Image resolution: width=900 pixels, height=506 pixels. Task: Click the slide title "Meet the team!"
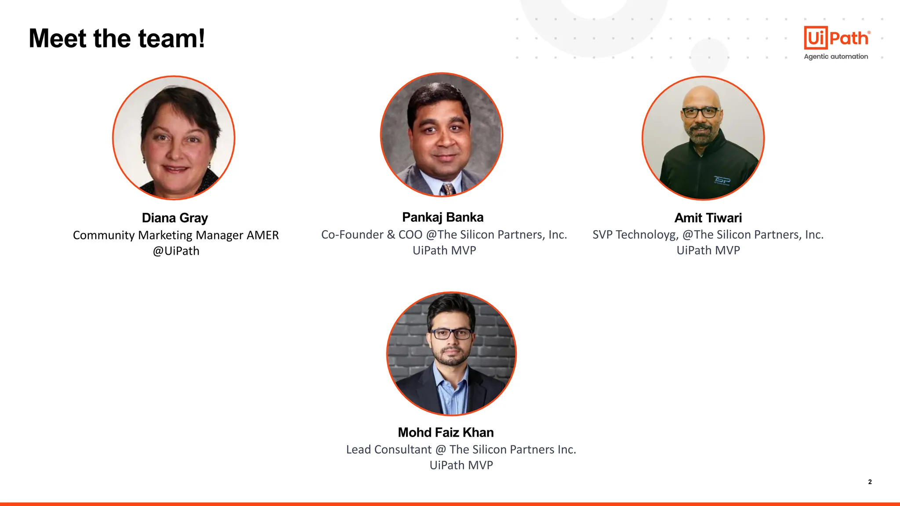coord(116,38)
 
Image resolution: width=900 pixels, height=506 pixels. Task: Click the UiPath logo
coord(836,38)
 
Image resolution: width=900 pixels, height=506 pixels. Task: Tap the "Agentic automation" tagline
coord(836,57)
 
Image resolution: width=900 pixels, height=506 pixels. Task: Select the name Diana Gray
coord(175,218)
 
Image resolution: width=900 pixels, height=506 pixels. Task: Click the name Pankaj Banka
coord(443,217)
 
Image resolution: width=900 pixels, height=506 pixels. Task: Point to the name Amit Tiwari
coord(708,218)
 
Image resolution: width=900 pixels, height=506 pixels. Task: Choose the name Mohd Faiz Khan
coord(446,433)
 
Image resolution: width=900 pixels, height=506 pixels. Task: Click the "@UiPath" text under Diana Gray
coord(176,251)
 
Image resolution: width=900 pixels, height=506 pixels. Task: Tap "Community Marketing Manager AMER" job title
coord(176,235)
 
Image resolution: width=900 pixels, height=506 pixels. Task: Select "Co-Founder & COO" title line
coord(372,235)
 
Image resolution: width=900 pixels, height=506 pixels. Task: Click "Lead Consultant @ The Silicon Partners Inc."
coord(461,450)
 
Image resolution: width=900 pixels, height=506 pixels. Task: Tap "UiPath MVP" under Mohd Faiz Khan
coord(461,465)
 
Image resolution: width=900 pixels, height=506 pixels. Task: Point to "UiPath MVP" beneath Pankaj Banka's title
coord(444,250)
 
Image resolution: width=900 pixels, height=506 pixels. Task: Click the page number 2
coord(870,482)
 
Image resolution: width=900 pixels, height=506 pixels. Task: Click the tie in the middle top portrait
coord(448,189)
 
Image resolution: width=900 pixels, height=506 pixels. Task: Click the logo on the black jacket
coord(722,181)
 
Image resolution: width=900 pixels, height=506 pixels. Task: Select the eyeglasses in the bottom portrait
coord(451,334)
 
